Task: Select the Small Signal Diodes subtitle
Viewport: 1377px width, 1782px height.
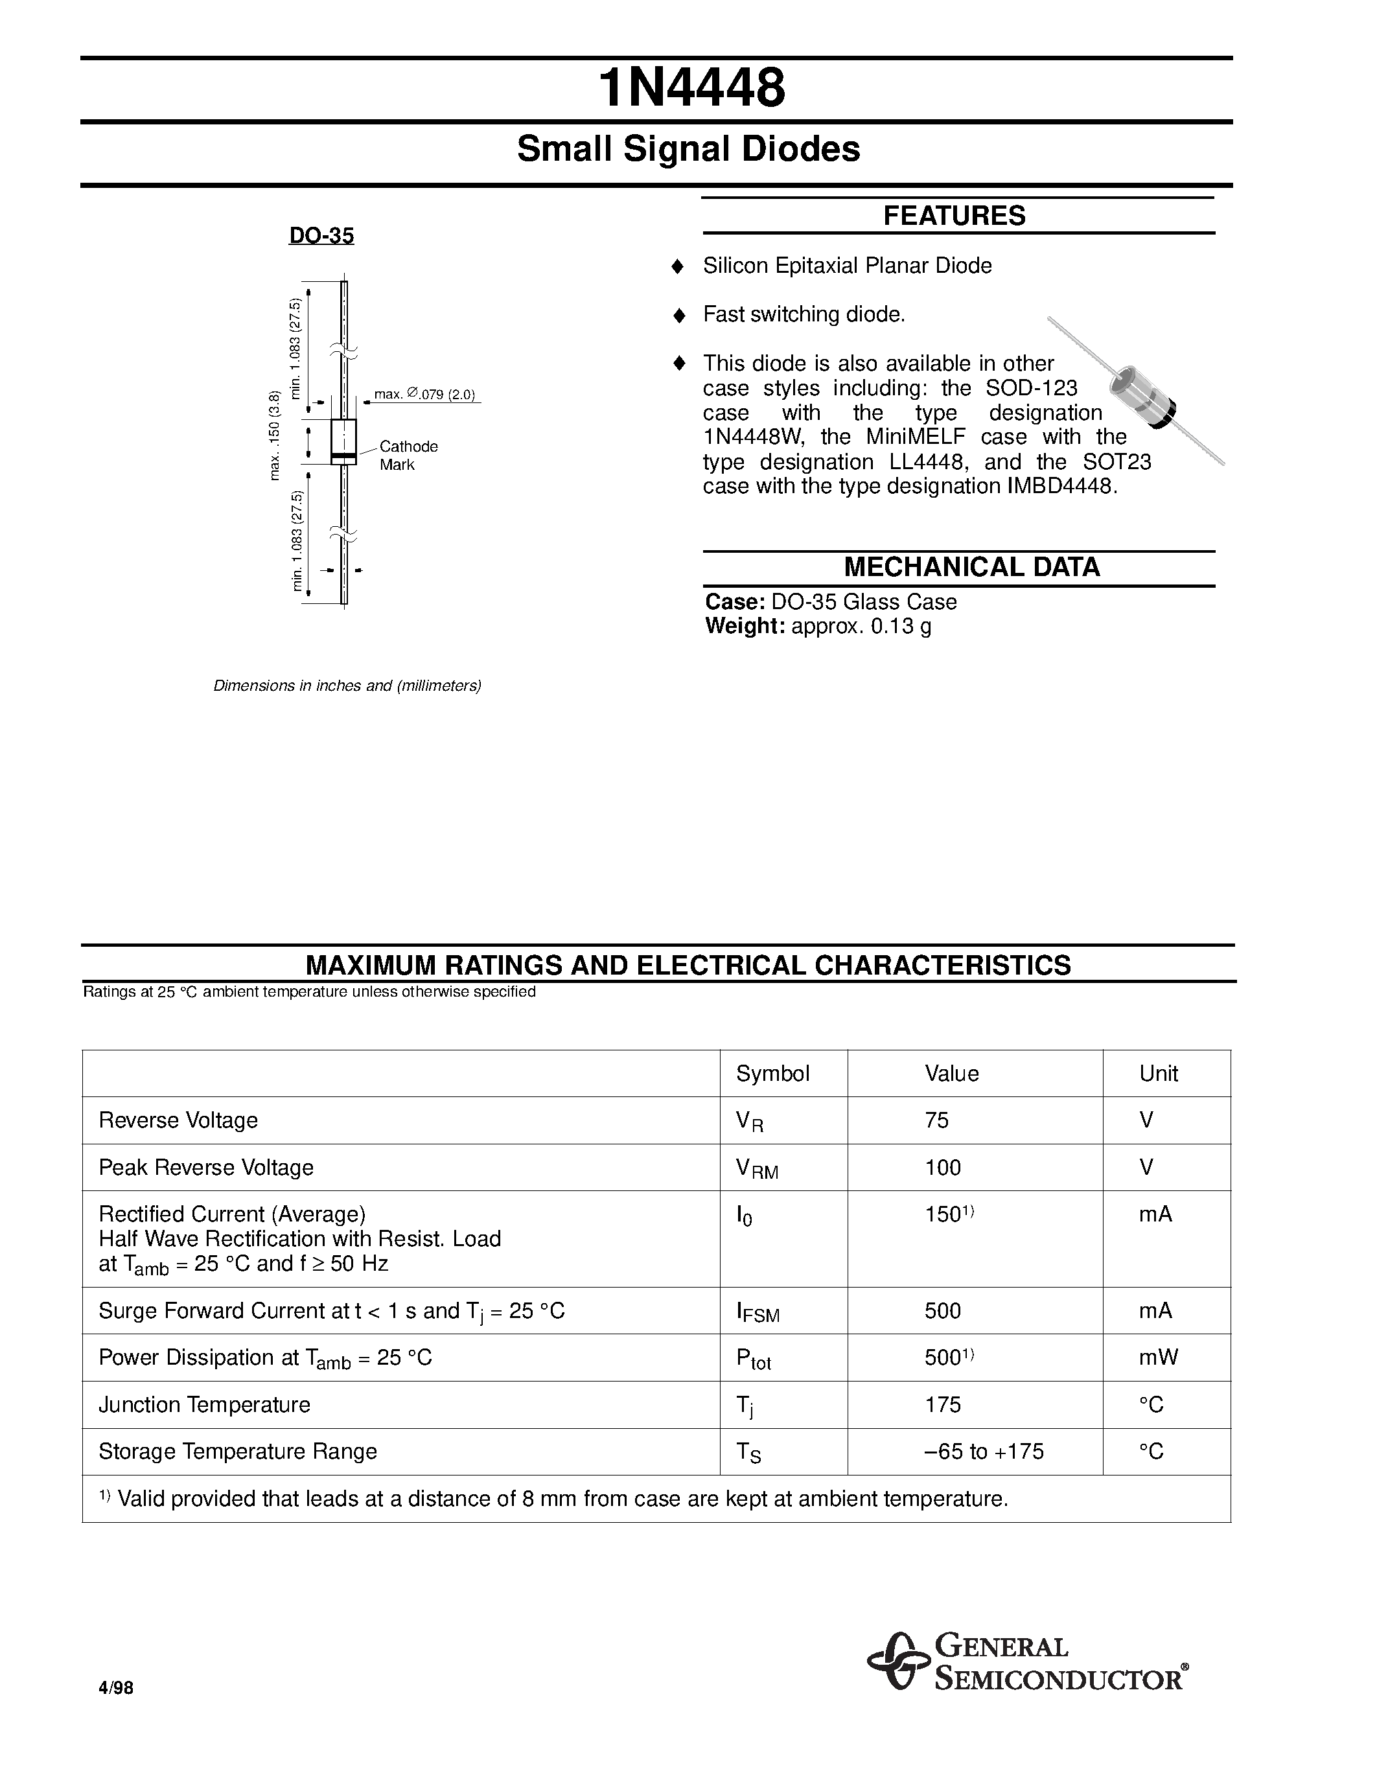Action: click(688, 149)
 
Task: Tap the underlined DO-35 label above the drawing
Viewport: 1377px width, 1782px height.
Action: click(321, 236)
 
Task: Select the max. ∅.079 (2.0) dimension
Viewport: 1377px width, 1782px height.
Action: click(424, 395)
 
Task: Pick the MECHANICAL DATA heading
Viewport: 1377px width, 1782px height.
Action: click(971, 567)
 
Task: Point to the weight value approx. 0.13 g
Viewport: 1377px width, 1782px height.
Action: click(861, 627)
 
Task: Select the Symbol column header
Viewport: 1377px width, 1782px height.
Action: click(772, 1074)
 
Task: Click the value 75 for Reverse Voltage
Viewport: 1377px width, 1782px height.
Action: click(936, 1120)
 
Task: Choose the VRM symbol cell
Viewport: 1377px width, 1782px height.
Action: click(756, 1169)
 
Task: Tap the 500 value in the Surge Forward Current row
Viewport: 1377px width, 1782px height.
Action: click(942, 1311)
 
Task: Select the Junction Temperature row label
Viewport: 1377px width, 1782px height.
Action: click(204, 1405)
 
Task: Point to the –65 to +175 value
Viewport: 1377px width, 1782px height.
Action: click(983, 1452)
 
